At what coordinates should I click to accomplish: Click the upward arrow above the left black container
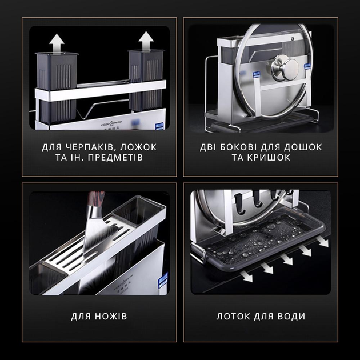pyautogui.click(x=57, y=43)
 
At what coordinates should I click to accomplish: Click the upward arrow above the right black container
pyautogui.click(x=146, y=41)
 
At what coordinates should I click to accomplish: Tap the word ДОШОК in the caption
pyautogui.click(x=303, y=147)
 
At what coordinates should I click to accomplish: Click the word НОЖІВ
pyautogui.click(x=111, y=317)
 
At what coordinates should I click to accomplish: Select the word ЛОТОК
pyautogui.click(x=233, y=317)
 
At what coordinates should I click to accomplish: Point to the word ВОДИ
pyautogui.click(x=291, y=317)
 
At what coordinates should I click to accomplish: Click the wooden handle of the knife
pyautogui.click(x=96, y=199)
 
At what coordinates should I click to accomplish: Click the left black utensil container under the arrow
pyautogui.click(x=56, y=87)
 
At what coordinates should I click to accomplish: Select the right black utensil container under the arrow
pyautogui.click(x=146, y=81)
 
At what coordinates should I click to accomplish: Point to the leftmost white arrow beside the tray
pyautogui.click(x=246, y=276)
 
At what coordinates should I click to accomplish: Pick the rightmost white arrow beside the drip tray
pyautogui.click(x=322, y=241)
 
